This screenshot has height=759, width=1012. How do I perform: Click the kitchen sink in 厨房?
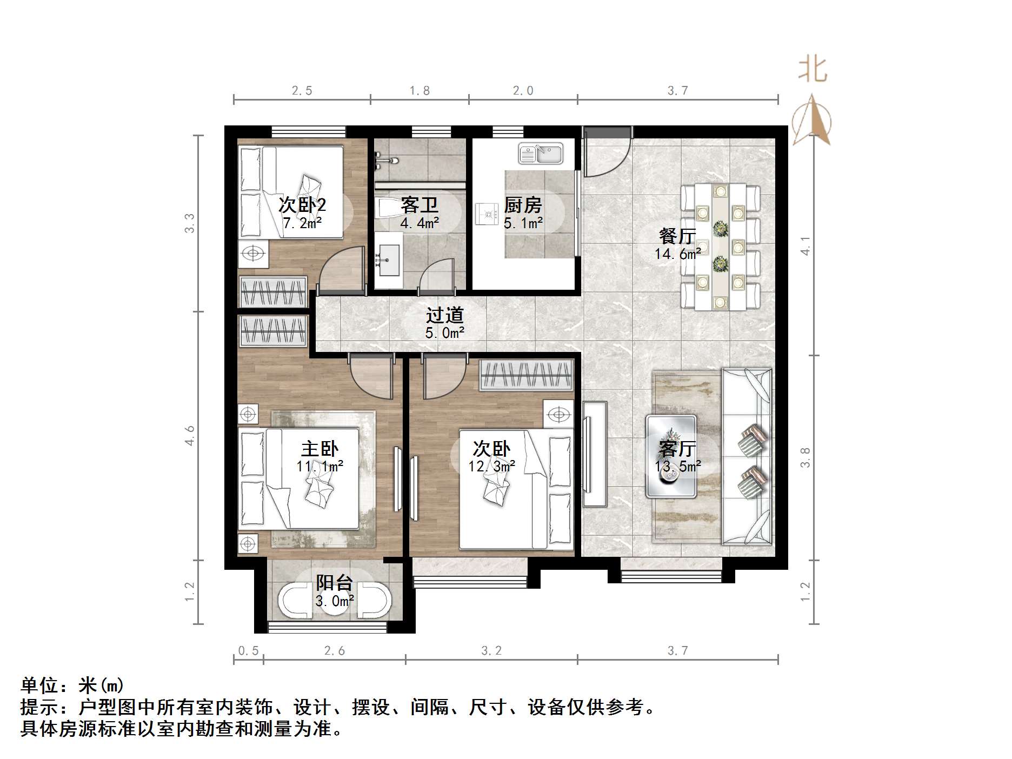(x=541, y=153)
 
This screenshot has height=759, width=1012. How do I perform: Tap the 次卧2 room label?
(x=302, y=205)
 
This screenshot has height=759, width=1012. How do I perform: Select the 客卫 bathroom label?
(x=419, y=205)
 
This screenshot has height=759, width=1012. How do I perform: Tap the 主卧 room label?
(x=319, y=449)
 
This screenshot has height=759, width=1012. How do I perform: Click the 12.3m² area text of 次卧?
(x=491, y=465)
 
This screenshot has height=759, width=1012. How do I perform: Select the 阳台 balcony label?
(x=334, y=583)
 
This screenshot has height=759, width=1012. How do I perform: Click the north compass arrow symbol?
(x=812, y=120)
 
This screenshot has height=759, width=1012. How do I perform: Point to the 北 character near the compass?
(x=813, y=70)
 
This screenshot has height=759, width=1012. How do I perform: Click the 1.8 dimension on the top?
(x=420, y=91)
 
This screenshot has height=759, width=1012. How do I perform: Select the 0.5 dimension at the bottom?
(x=248, y=651)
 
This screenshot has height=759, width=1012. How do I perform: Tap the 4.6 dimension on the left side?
(x=189, y=436)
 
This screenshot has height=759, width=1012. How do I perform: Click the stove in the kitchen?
(x=487, y=214)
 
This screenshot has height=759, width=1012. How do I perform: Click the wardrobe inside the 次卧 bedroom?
(x=525, y=374)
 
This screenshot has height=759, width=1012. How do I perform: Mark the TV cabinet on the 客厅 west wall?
(x=595, y=454)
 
